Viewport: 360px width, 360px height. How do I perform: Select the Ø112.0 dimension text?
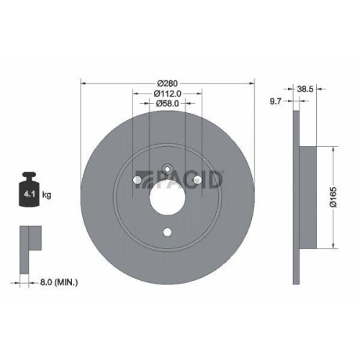point(168,92)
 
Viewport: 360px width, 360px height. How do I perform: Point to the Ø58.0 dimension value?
point(168,104)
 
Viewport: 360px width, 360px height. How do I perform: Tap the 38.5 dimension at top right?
point(305,90)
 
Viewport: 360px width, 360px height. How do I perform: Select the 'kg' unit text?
point(46,195)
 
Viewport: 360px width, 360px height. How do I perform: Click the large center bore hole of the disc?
point(167,195)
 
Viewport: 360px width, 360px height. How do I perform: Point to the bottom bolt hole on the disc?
point(168,232)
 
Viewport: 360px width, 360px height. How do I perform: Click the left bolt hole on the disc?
point(138,178)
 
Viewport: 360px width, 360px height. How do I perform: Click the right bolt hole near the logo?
point(197,178)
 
